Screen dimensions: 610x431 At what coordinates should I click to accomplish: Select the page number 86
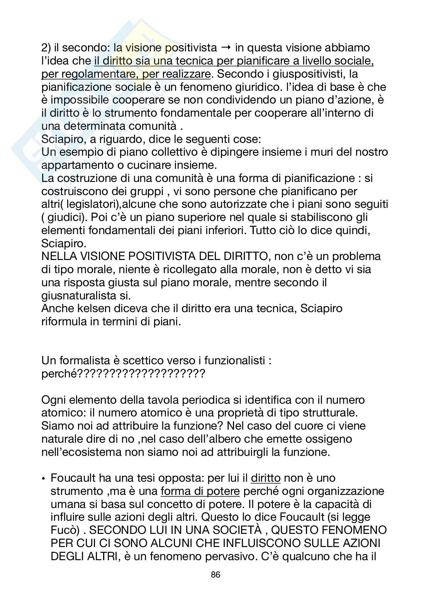point(215,574)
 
